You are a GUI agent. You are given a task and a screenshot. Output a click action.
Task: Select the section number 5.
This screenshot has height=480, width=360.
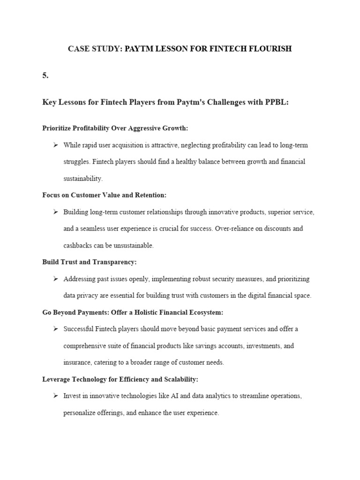point(45,75)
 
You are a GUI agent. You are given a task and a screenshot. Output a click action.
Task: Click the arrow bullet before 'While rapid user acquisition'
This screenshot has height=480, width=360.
point(55,145)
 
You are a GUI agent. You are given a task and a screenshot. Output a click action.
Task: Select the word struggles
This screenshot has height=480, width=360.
point(76,162)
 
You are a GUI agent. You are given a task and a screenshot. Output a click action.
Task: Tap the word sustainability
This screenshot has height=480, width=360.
point(83,179)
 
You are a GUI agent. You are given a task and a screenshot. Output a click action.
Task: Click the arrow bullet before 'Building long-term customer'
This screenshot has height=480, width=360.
point(55,212)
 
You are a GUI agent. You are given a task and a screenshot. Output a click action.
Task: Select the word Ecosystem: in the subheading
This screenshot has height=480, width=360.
point(205,312)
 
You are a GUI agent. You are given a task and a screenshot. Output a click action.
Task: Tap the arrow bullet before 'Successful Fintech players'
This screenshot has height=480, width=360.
point(55,329)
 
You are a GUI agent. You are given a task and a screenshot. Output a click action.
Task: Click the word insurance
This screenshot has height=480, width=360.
point(78,362)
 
